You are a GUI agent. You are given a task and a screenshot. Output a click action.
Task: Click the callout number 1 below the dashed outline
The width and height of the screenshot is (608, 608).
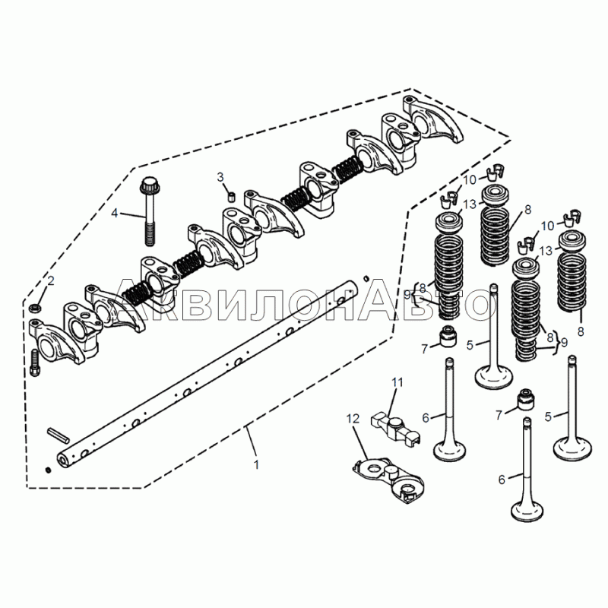(x=256, y=464)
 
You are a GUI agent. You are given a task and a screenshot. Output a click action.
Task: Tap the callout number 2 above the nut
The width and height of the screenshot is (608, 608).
(x=51, y=280)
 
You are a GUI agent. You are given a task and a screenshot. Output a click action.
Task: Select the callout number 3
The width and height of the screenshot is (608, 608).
(x=220, y=177)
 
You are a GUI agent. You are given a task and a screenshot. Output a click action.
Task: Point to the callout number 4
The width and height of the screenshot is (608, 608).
(x=115, y=213)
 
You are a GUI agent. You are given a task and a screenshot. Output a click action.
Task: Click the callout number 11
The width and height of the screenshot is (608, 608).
(x=397, y=382)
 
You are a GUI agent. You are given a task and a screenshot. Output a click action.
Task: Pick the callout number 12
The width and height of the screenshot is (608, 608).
(x=353, y=419)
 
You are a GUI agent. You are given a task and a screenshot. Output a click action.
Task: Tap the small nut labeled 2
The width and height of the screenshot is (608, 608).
(x=35, y=309)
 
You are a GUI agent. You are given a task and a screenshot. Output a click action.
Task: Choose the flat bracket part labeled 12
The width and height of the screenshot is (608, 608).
(x=388, y=480)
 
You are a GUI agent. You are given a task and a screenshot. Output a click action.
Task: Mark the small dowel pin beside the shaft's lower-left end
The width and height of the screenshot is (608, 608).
(x=59, y=435)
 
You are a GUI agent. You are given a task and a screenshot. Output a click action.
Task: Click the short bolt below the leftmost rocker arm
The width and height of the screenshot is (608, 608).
(x=34, y=363)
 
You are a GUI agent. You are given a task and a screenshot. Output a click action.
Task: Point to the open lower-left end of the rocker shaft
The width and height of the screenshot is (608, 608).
(x=63, y=461)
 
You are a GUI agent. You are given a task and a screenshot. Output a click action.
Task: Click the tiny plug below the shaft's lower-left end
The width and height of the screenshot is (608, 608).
(x=48, y=470)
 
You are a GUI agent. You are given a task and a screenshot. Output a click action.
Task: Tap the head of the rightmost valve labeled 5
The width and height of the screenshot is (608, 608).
(x=572, y=449)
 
